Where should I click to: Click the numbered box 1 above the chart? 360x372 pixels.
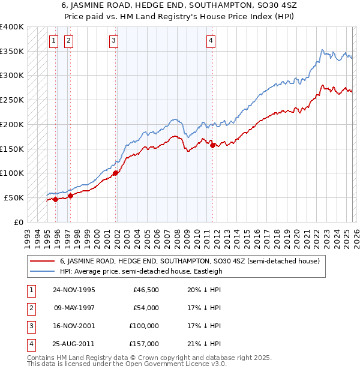click(54, 41)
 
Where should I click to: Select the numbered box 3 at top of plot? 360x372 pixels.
click(113, 41)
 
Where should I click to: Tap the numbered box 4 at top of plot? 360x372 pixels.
click(211, 41)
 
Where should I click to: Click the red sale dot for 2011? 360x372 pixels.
click(212, 145)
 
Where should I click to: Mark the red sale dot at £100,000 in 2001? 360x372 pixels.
click(115, 173)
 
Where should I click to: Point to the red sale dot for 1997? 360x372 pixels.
click(70, 196)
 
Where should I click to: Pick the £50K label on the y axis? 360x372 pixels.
click(14, 197)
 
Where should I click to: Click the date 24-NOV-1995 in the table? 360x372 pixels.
click(74, 290)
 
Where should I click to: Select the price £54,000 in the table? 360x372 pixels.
click(146, 308)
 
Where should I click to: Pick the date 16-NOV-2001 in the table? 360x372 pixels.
click(74, 326)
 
